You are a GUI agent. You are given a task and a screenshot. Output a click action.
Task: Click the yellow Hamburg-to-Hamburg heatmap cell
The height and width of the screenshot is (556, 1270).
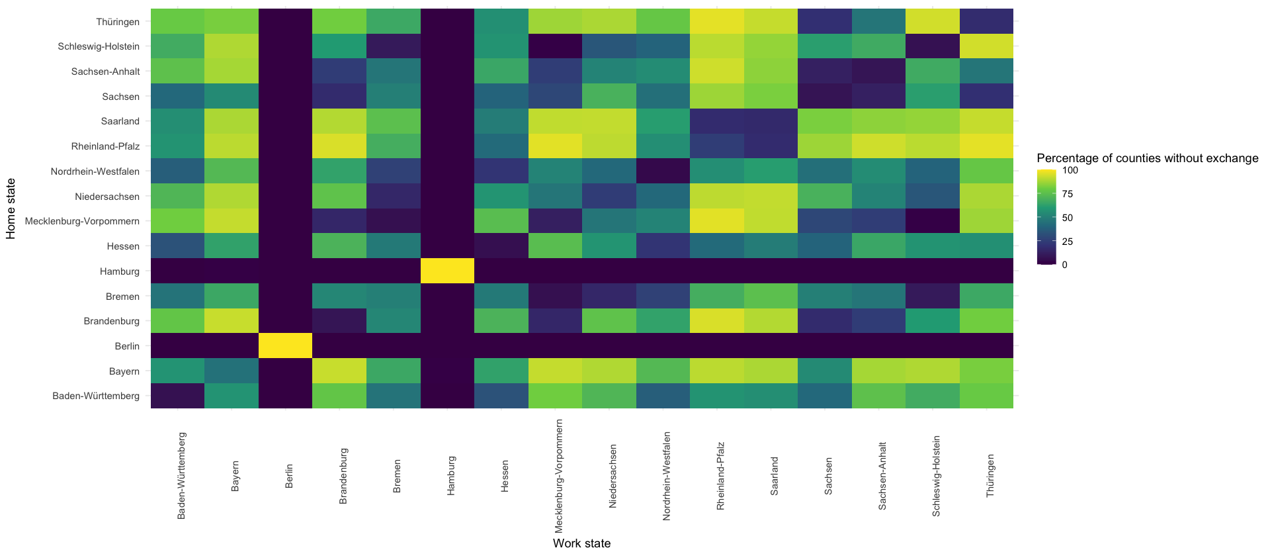447,271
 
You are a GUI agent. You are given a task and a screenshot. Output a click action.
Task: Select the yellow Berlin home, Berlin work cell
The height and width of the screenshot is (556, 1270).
285,346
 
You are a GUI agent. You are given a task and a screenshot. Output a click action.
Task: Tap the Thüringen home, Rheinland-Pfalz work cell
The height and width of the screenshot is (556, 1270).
716,22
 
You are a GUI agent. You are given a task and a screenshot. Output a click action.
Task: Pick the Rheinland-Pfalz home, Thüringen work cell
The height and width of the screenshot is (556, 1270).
986,146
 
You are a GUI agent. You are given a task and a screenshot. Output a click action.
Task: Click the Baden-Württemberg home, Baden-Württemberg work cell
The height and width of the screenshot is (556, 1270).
177,396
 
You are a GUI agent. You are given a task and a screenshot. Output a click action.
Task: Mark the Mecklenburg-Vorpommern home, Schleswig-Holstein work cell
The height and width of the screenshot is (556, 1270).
932,221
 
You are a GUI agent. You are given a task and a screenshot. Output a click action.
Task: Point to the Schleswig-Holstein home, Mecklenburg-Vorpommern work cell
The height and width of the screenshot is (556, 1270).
555,46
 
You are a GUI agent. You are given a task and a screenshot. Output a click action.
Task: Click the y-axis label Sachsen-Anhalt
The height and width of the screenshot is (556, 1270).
105,71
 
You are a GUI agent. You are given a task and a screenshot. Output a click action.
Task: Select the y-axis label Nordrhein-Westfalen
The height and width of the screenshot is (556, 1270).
95,171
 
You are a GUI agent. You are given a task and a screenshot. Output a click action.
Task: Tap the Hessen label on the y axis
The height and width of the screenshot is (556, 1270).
123,246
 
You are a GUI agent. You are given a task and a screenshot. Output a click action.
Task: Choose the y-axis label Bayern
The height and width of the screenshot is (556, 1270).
124,371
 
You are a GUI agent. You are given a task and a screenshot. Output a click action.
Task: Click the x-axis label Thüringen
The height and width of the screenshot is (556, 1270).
990,476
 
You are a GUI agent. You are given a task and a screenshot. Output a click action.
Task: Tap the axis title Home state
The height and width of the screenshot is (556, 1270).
11,208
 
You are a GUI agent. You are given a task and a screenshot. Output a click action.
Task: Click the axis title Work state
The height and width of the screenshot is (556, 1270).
581,543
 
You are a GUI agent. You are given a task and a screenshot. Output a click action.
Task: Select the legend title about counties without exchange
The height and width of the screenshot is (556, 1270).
1147,158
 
